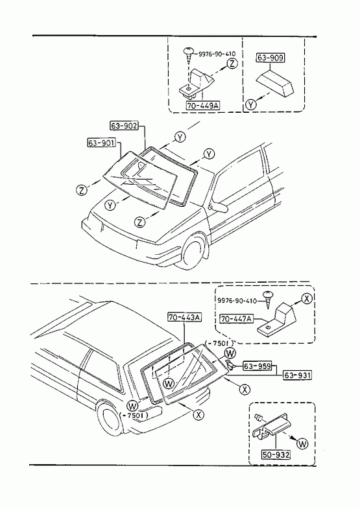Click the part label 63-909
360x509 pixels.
tap(270, 58)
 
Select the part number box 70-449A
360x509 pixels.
tap(202, 106)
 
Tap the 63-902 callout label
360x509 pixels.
tap(125, 125)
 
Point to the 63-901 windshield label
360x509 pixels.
tap(102, 143)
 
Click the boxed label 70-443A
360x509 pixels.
tap(184, 317)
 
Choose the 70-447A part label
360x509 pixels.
tap(236, 319)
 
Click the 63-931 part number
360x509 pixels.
tap(298, 375)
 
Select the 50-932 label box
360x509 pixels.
tap(276, 455)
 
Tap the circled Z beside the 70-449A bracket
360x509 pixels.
tap(232, 64)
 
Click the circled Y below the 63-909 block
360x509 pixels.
tap(250, 104)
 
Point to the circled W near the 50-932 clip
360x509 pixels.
tap(302, 443)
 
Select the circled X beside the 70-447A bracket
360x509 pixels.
tap(307, 298)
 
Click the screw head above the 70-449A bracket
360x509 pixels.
tap(189, 51)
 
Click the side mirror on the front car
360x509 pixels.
tap(219, 207)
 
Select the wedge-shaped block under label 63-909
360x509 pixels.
tap(275, 84)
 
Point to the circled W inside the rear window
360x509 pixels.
tap(169, 384)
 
